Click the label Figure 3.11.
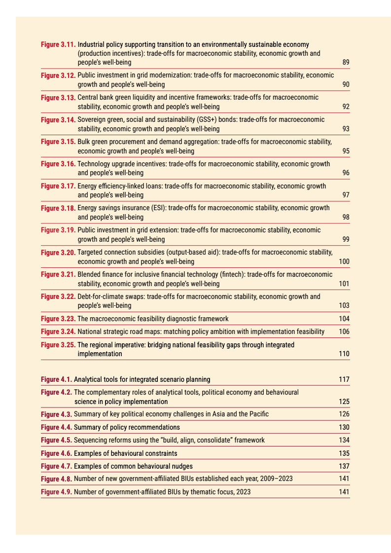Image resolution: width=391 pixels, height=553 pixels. pos(58,44)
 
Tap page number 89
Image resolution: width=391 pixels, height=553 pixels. pos(346,63)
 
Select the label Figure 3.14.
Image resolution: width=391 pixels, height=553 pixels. pos(58,119)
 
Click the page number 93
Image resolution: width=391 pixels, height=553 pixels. pos(346,129)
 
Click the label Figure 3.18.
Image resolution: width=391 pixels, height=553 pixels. pos(58,208)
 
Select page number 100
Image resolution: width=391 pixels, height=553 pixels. pos(344,261)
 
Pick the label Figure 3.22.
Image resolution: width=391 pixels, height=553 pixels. pos(58,296)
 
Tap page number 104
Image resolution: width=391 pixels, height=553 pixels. pos(344,319)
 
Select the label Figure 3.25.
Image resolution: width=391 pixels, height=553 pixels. pos(58,345)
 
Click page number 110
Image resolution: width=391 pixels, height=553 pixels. pos(344,354)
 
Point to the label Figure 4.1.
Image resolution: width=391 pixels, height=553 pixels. pos(56,379)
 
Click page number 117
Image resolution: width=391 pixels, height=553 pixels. pos(344,379)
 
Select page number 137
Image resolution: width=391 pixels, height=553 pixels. pos(344,466)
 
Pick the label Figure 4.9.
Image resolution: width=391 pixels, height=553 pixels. pos(56,492)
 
